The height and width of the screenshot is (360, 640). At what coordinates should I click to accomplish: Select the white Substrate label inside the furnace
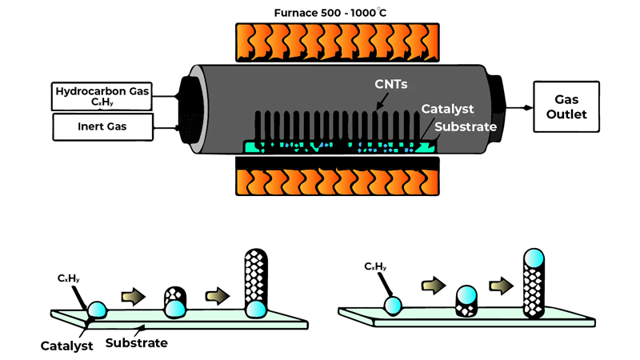coord(467,126)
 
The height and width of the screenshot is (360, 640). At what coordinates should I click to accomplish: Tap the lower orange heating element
coord(337,178)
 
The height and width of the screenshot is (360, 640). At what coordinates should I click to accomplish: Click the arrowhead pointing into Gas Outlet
coord(529,107)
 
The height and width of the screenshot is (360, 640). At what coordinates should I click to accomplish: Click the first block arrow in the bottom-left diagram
coord(130,298)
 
